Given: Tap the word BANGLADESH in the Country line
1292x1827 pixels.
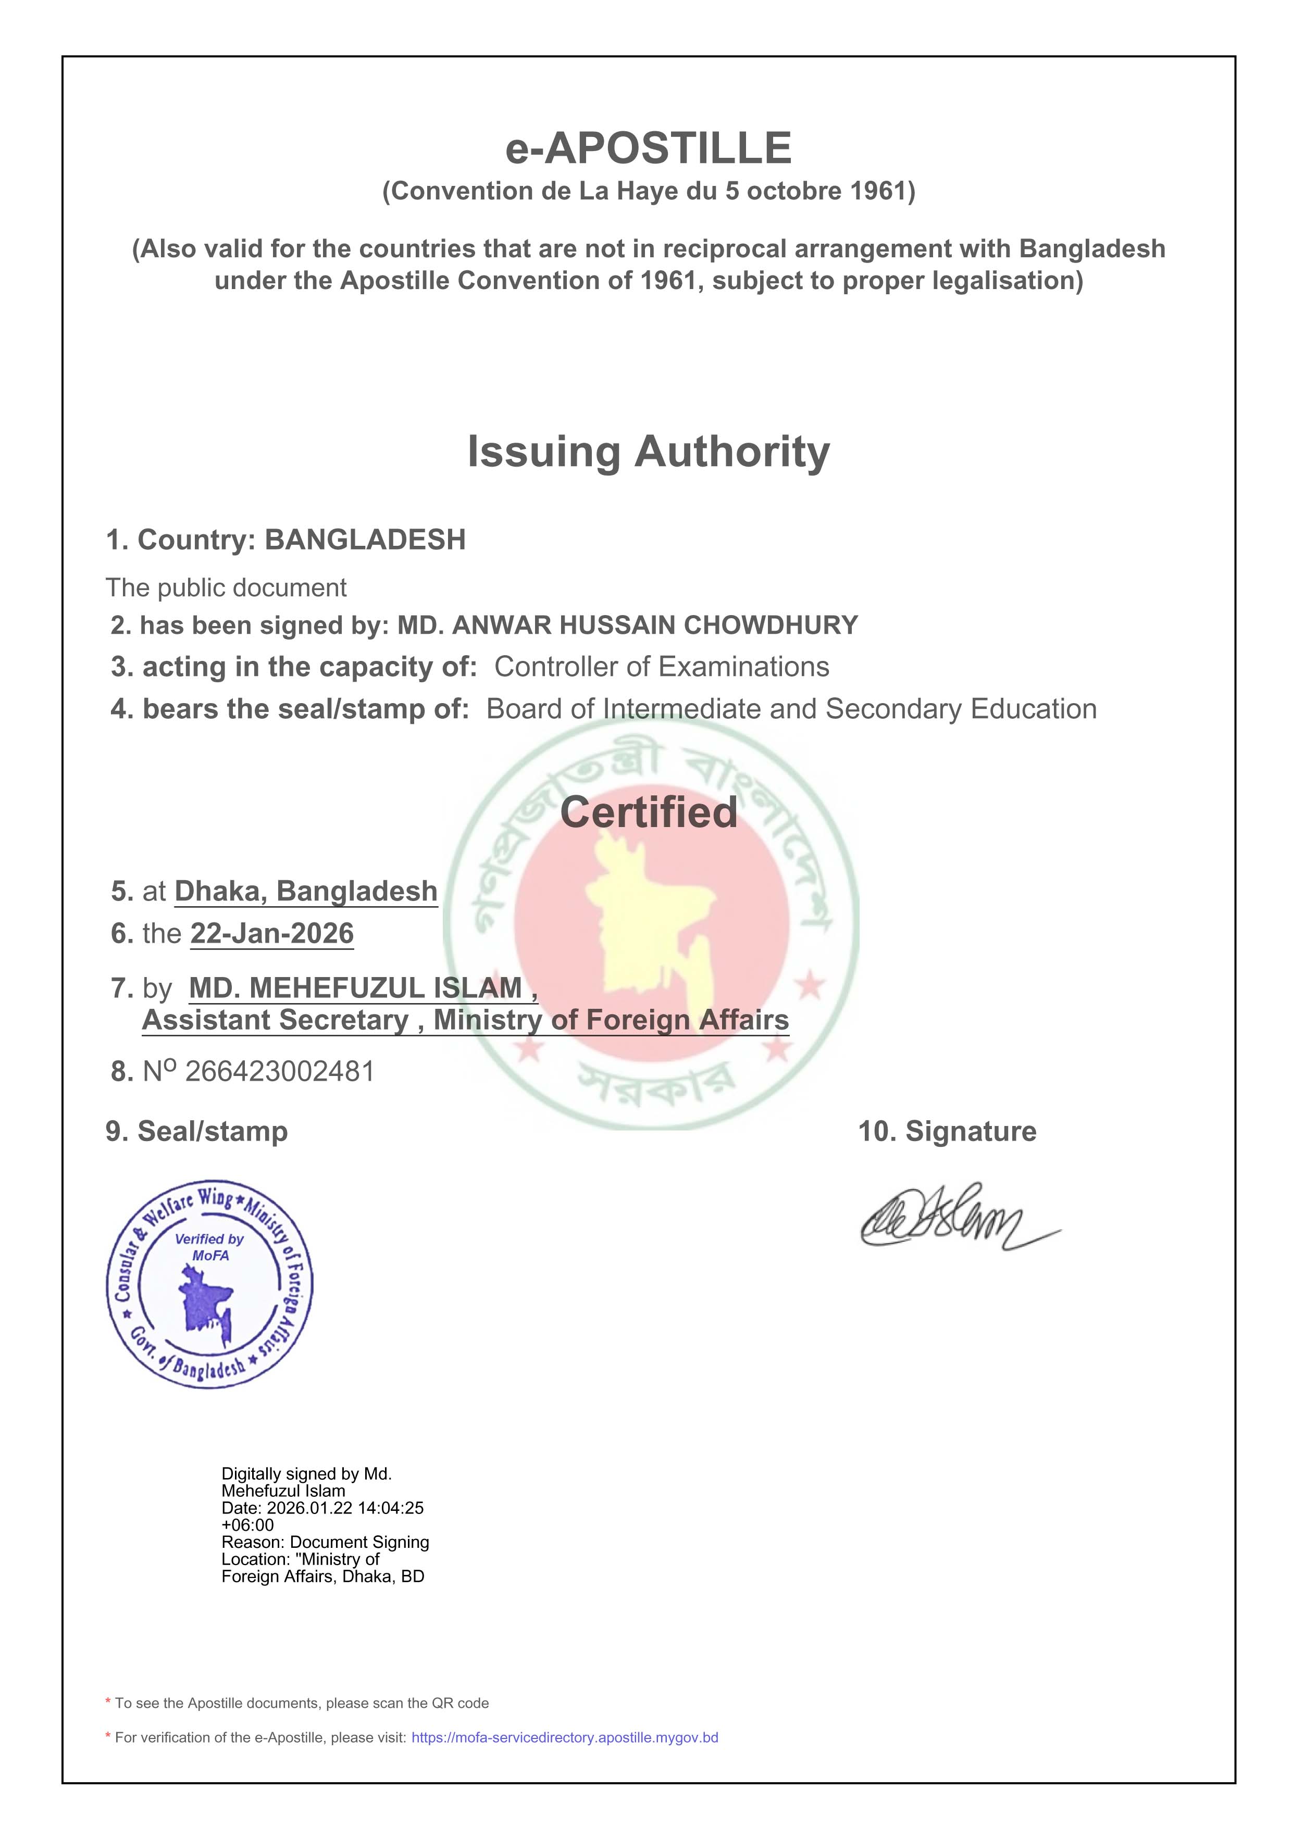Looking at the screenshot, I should [x=365, y=540].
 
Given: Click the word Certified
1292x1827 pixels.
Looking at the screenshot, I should [x=648, y=812].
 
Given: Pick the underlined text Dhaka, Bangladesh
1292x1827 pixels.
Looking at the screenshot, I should [x=306, y=891].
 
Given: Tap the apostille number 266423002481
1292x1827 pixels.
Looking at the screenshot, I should [x=279, y=1071].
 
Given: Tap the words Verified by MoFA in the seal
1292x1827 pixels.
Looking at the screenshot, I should [x=209, y=1247].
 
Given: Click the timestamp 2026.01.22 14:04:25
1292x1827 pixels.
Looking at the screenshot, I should [x=345, y=1507].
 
